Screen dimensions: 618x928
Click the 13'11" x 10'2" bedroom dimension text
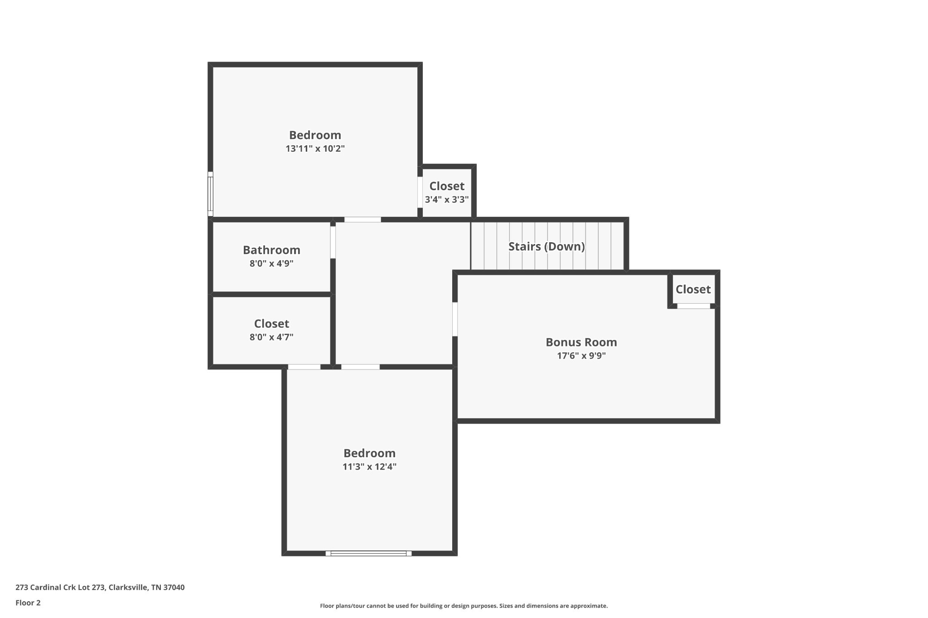tap(315, 149)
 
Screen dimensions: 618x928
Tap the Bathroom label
tap(271, 250)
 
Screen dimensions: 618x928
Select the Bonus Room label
tap(581, 342)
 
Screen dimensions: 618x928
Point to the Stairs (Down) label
tap(546, 246)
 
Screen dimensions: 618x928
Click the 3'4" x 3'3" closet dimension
tap(446, 200)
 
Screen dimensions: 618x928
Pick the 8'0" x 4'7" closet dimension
tap(271, 337)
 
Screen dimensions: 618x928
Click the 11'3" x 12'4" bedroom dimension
tap(369, 467)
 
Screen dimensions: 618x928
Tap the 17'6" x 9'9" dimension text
tap(581, 356)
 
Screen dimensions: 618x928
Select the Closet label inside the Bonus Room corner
tap(693, 289)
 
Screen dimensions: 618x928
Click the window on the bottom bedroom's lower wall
tap(368, 553)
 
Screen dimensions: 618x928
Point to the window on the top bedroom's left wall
tap(210, 194)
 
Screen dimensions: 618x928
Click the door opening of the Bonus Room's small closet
tap(693, 307)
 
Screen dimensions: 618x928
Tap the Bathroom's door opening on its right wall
tap(333, 242)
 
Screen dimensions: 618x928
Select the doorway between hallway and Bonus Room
tap(455, 319)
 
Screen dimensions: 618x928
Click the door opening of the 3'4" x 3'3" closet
tap(420, 192)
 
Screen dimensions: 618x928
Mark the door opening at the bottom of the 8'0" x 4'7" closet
tap(304, 367)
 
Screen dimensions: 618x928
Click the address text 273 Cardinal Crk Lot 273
tap(100, 587)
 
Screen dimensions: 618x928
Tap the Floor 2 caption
tap(28, 603)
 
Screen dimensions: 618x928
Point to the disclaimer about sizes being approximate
tap(464, 606)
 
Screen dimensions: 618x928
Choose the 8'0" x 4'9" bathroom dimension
tap(271, 263)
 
